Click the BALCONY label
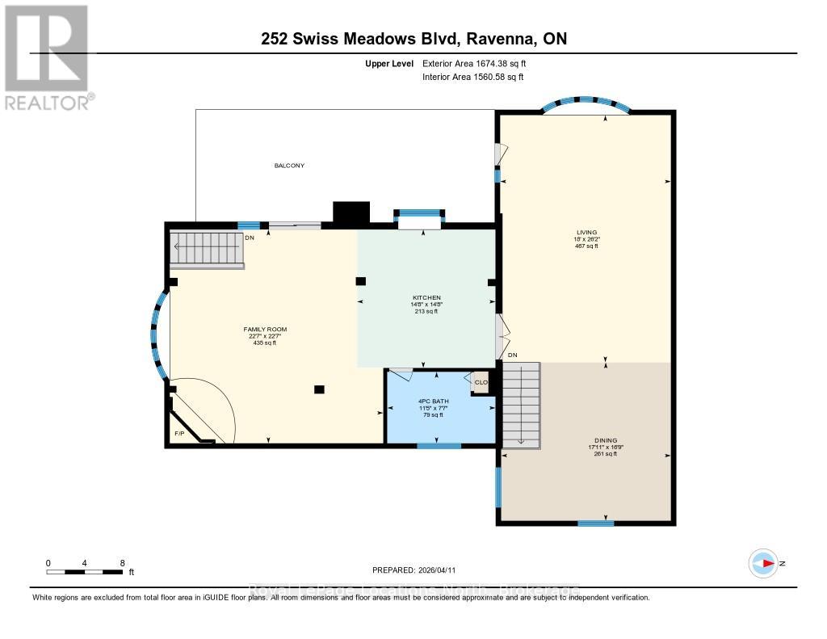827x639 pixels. click(289, 166)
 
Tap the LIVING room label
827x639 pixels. click(586, 232)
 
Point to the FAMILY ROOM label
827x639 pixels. click(265, 330)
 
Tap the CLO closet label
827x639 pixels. click(481, 382)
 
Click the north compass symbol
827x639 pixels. click(763, 563)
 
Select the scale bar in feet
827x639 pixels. click(85, 572)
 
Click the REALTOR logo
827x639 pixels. click(47, 57)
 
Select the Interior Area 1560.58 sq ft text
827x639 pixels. click(472, 78)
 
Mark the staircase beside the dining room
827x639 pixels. click(521, 404)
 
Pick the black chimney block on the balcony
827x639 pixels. click(351, 212)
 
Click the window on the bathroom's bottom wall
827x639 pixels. click(439, 446)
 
